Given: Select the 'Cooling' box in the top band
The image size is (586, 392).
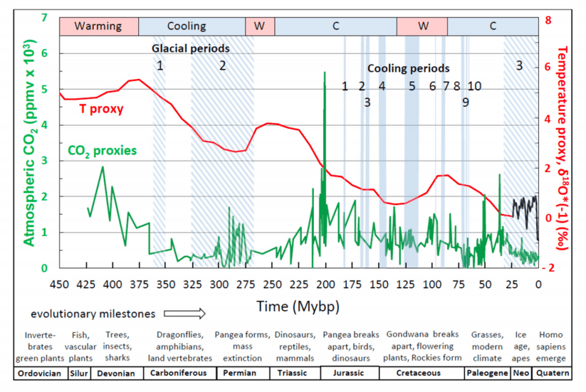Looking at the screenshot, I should click(186, 26).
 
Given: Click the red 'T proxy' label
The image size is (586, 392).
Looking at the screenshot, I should click(101, 109).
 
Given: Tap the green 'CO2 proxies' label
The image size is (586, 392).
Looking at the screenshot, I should click(102, 150).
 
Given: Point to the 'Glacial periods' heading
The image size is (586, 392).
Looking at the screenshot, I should click(191, 49).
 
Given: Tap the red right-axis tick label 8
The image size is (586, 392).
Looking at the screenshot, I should click(548, 21).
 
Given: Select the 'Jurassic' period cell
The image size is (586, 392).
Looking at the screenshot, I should click(348, 373).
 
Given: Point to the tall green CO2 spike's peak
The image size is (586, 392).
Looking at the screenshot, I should click(325, 73).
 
